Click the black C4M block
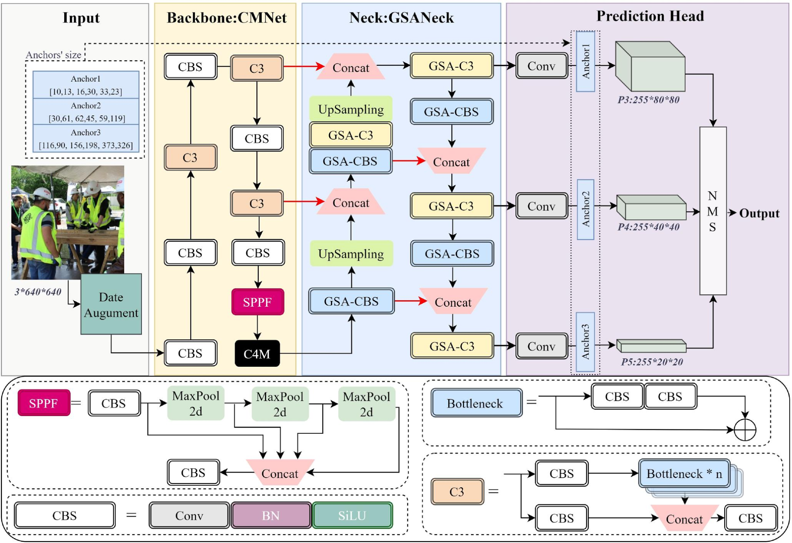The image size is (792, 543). click(x=257, y=353)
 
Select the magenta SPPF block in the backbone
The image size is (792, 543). click(x=258, y=302)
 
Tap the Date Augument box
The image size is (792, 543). click(x=111, y=304)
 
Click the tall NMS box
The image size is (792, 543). click(x=713, y=211)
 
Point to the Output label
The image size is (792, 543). click(x=759, y=213)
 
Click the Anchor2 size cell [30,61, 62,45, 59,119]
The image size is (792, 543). click(x=86, y=112)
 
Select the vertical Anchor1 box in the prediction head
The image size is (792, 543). click(x=585, y=62)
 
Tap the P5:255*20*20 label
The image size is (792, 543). click(x=652, y=362)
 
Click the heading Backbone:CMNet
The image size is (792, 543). click(x=227, y=18)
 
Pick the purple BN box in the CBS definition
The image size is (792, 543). click(x=271, y=516)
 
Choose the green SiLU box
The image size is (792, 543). click(x=352, y=516)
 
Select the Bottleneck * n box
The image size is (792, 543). click(x=684, y=474)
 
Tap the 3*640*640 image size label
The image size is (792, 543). click(x=38, y=292)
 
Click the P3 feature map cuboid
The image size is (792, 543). click(x=650, y=66)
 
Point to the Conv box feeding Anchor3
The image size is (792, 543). click(x=541, y=346)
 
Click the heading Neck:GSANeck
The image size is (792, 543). click(x=401, y=18)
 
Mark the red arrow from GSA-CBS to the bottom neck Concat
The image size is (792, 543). click(x=410, y=301)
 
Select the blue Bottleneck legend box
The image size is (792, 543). click(x=476, y=403)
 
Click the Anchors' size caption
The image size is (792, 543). click(x=53, y=55)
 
